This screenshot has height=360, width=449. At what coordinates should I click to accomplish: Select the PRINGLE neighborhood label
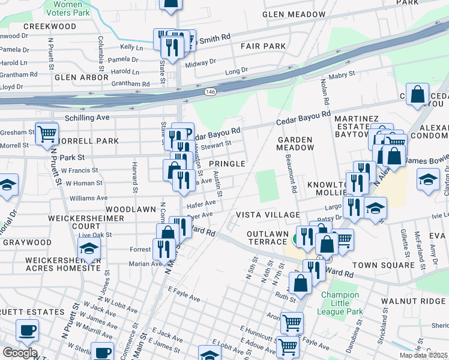coord(227,164)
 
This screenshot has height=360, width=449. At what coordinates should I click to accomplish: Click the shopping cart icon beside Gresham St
coord(47,133)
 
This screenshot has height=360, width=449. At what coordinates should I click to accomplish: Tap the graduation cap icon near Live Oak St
coord(89,248)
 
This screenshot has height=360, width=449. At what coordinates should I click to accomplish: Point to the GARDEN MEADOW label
coord(295,143)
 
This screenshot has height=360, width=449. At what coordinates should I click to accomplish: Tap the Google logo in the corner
coord(19,353)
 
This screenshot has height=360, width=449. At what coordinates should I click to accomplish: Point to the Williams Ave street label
coord(88,197)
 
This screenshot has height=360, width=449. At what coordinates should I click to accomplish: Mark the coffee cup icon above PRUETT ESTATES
coord(27,329)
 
